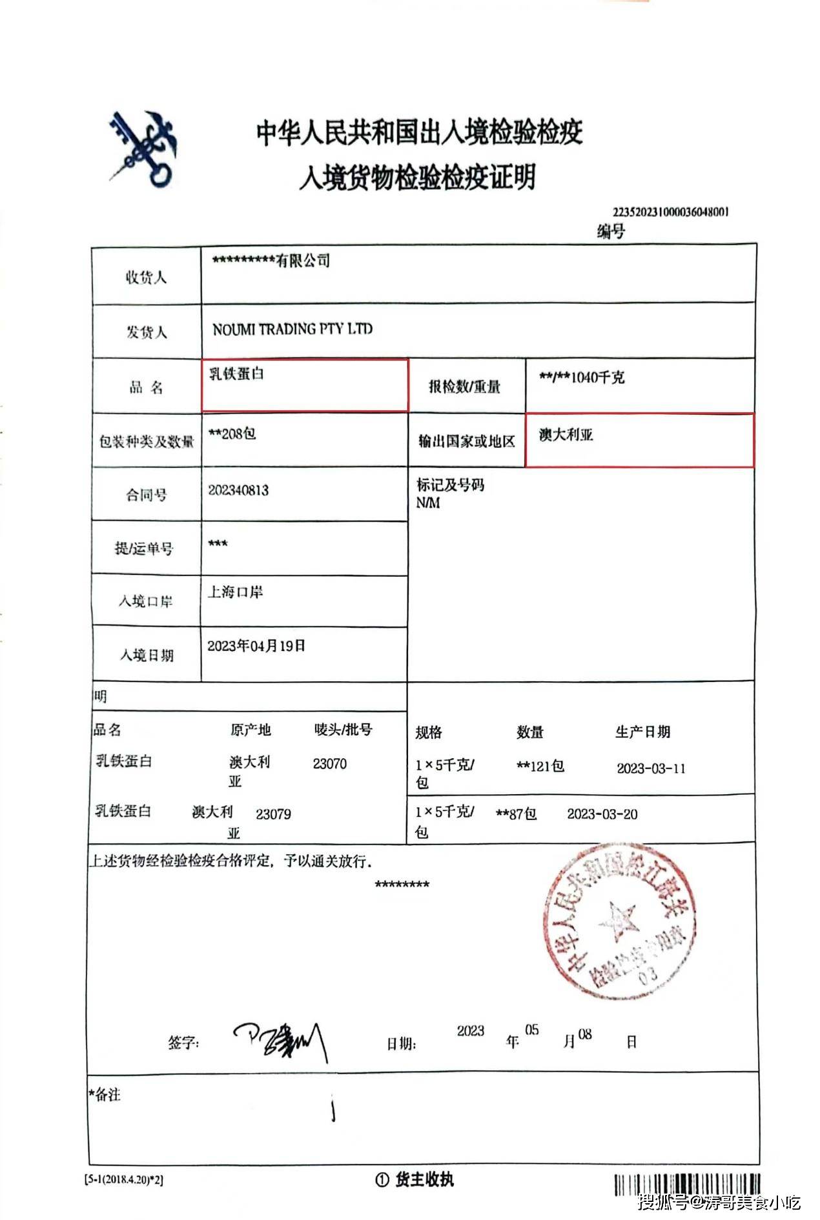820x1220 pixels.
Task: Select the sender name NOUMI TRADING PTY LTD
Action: pyautogui.click(x=292, y=329)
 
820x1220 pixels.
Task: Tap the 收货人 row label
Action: pyautogui.click(x=146, y=277)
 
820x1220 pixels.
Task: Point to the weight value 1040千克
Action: pyautogui.click(x=597, y=377)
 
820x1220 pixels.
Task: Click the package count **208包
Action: pyautogui.click(x=232, y=434)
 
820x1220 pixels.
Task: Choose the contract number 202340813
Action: pyautogui.click(x=238, y=490)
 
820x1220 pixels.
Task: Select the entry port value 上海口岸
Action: pyautogui.click(x=235, y=592)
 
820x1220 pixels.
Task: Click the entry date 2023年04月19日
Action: pyautogui.click(x=256, y=646)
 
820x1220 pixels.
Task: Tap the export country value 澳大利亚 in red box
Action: pyautogui.click(x=566, y=435)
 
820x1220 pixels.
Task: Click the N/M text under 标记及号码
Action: pyautogui.click(x=427, y=503)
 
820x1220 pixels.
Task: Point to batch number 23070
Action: pyautogui.click(x=329, y=764)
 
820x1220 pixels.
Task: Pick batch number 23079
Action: pyautogui.click(x=273, y=814)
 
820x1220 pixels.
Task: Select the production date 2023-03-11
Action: pyautogui.click(x=651, y=768)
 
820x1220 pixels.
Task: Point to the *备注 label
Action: pyautogui.click(x=105, y=1094)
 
